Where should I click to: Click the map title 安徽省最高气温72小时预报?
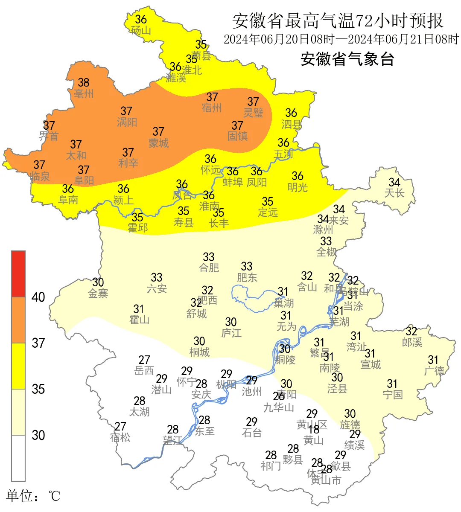click(x=338, y=20)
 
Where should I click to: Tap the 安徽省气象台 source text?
click(x=347, y=59)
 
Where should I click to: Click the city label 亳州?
click(x=84, y=93)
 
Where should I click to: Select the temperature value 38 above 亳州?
click(x=84, y=82)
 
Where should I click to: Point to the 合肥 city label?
click(x=209, y=268)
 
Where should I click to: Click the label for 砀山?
click(x=141, y=31)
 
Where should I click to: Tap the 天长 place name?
click(x=394, y=193)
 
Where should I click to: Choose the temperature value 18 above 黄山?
click(x=314, y=430)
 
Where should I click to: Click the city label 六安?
click(x=157, y=289)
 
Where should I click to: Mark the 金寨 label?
click(x=98, y=294)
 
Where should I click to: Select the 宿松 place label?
click(x=120, y=438)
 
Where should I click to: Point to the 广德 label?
click(x=434, y=371)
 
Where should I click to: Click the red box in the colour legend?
click(x=18, y=274)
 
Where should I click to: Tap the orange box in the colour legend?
click(x=18, y=320)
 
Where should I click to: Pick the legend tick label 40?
click(x=38, y=297)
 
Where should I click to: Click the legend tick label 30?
click(x=38, y=435)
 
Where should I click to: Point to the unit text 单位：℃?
click(x=33, y=496)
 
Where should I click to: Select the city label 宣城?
click(x=371, y=364)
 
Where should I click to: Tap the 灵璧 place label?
click(x=254, y=113)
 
